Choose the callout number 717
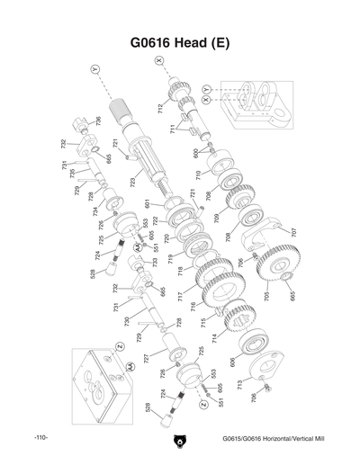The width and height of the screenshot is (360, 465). (x=180, y=296)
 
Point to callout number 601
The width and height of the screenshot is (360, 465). (x=147, y=204)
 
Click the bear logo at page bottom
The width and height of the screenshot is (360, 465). (x=180, y=442)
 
